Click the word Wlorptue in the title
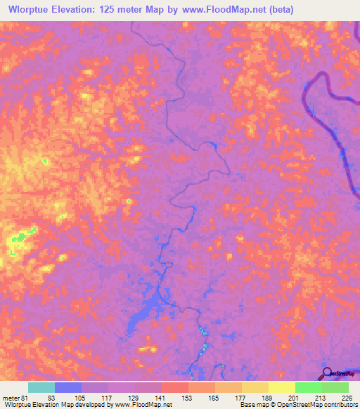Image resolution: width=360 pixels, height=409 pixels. click(27, 9)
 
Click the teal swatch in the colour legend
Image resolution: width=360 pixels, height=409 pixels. click(41, 387)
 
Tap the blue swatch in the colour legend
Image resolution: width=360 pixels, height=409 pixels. click(68, 387)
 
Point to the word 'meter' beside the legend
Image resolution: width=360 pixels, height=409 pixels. click(9, 398)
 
